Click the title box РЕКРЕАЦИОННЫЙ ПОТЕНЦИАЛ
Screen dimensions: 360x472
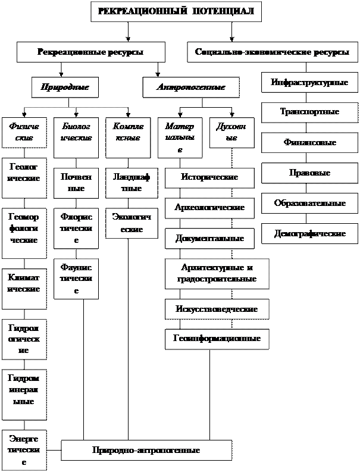click(x=176, y=11)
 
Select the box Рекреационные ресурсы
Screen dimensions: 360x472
click(x=90, y=52)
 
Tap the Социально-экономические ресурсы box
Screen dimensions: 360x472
click(x=272, y=52)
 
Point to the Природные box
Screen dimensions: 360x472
click(x=65, y=87)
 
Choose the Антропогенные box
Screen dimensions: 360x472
click(x=190, y=87)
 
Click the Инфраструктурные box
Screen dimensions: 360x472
click(x=309, y=82)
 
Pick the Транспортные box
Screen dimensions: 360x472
click(x=309, y=112)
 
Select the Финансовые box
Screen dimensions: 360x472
click(x=309, y=143)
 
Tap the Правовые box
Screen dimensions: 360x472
click(x=309, y=173)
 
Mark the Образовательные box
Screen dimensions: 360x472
click(x=309, y=204)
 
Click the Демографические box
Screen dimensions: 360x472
click(x=309, y=234)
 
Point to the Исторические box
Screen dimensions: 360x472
click(x=209, y=177)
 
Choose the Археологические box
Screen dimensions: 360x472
click(x=209, y=208)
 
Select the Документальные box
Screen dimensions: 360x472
click(x=209, y=239)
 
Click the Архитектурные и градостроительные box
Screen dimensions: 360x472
click(x=217, y=274)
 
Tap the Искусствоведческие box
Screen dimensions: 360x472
click(x=217, y=310)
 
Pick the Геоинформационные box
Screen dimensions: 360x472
click(x=217, y=339)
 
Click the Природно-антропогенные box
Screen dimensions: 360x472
click(x=146, y=451)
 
